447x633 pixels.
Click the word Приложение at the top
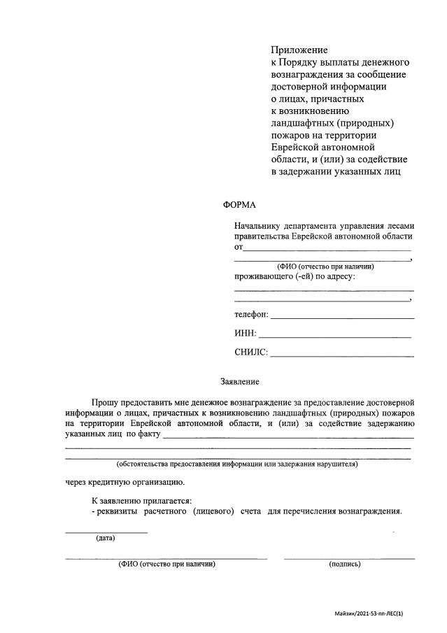(x=299, y=50)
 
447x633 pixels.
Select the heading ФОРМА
(x=239, y=205)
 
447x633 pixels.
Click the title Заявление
(x=240, y=382)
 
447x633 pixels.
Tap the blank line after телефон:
(x=342, y=318)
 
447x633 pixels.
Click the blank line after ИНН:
(x=335, y=336)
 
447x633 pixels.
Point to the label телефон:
(x=251, y=315)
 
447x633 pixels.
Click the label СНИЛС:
(x=251, y=353)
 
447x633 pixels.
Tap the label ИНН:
(x=246, y=334)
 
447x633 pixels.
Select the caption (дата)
(x=106, y=538)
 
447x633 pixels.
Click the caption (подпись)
(x=344, y=564)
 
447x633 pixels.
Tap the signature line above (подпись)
(x=348, y=557)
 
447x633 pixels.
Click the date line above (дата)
(x=106, y=532)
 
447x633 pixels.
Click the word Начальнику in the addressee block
(x=257, y=226)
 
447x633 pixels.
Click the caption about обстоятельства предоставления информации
(x=237, y=464)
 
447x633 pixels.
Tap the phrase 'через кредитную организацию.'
(x=125, y=482)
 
